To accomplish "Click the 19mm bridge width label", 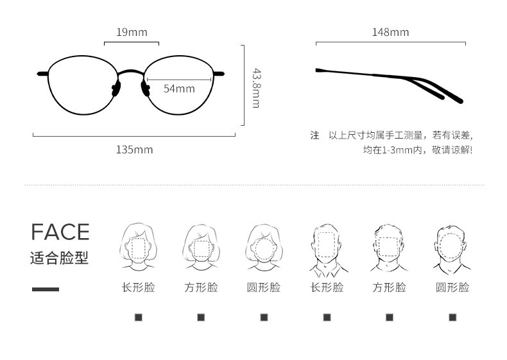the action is (132, 32).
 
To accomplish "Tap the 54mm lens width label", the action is (179, 89).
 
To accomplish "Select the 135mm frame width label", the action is (134, 150).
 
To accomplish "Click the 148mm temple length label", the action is (390, 32).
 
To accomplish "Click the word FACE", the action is (60, 232).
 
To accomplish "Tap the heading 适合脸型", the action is (59, 258).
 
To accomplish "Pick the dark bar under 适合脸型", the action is (45, 289).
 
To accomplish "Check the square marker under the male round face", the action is (452, 317).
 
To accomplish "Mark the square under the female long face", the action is (138, 317).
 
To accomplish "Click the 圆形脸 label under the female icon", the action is (264, 287).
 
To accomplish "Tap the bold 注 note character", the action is (314, 135).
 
